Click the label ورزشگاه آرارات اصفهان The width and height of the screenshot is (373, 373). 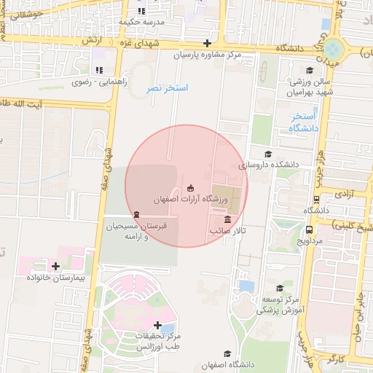coord(191,199)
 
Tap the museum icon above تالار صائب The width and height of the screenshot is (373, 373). coord(228,219)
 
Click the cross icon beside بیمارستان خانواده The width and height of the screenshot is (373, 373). coord(55,266)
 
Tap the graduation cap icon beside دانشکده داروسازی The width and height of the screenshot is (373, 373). coord(267,154)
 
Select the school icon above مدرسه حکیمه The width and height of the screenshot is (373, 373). coord(141,12)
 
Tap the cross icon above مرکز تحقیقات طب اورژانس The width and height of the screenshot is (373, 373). coord(157,325)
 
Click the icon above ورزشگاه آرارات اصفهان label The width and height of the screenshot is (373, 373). coord(191,188)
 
